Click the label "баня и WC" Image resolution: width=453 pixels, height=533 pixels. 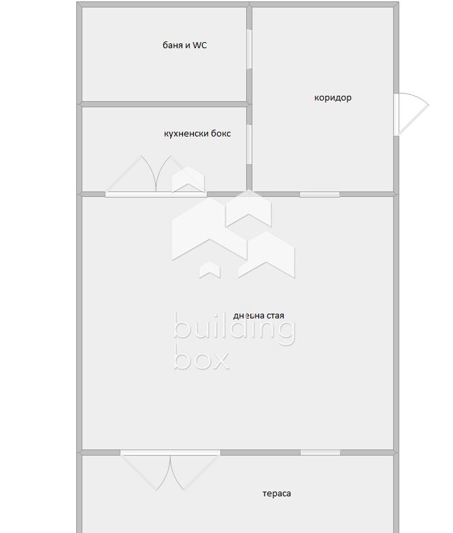click(184, 45)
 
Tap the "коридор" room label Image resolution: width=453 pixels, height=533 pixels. click(333, 98)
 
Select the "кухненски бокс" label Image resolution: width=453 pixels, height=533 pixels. click(197, 134)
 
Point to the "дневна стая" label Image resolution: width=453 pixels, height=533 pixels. click(258, 316)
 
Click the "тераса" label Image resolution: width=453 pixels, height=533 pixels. click(277, 494)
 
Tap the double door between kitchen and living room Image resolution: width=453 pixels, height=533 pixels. click(156, 177)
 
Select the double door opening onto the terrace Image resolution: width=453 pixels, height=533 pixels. click(170, 471)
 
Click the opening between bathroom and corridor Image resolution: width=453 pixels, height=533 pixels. click(250, 49)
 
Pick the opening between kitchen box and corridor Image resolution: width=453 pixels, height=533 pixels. click(250, 145)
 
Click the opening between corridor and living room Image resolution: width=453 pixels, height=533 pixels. click(320, 194)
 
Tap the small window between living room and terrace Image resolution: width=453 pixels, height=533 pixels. click(320, 452)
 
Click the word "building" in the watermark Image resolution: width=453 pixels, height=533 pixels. click(234, 329)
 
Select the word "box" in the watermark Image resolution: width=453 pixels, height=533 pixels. click(201, 356)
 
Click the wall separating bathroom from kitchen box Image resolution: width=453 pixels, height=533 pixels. click(164, 104)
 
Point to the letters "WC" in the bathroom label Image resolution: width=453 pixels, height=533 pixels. click(199, 45)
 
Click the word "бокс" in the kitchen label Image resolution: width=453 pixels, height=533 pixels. click(220, 134)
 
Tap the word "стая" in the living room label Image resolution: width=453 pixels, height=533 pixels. click(275, 316)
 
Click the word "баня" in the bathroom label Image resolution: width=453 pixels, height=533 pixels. click(172, 45)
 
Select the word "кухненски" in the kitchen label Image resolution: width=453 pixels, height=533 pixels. click(186, 134)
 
